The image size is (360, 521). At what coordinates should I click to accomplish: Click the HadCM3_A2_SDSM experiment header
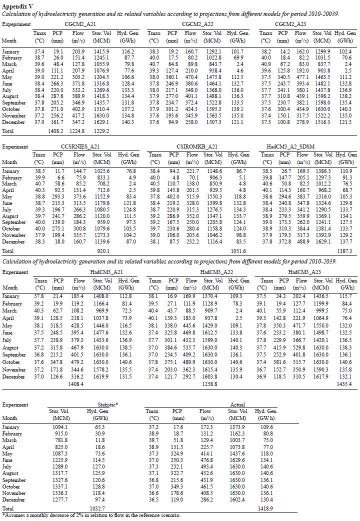pyautogui.click(x=304, y=146)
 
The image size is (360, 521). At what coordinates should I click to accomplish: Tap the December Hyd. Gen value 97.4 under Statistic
pyautogui.click(x=101, y=500)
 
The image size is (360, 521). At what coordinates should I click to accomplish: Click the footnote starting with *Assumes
pyautogui.click(x=90, y=515)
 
